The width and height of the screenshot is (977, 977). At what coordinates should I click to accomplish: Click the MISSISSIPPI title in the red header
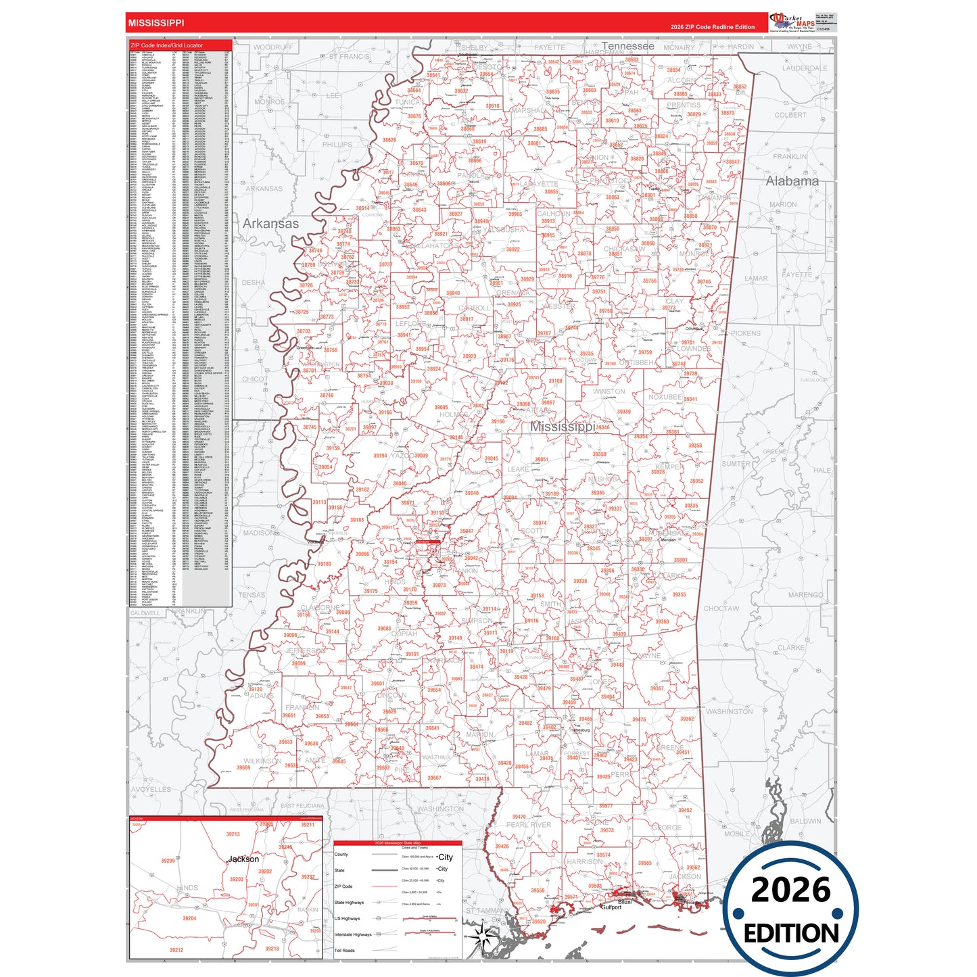point(156,23)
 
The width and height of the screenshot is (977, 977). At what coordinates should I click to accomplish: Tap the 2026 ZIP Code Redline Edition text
point(712,27)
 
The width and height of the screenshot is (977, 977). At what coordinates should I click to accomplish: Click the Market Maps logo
point(792,23)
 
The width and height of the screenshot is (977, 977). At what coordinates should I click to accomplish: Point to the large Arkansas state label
point(270,224)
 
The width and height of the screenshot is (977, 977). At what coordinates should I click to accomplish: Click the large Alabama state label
point(792,181)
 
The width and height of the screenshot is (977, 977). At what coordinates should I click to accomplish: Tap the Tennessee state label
point(627,46)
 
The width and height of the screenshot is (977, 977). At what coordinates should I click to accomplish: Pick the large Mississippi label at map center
point(563,427)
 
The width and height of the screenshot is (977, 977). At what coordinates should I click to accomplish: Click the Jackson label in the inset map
point(243,859)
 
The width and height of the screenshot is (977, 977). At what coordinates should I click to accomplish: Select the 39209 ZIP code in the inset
point(168,861)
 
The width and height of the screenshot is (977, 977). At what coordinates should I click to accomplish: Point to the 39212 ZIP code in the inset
point(176,950)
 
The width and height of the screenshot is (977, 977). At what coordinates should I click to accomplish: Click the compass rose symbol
point(482,936)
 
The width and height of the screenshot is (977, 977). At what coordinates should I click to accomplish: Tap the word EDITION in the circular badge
point(791,934)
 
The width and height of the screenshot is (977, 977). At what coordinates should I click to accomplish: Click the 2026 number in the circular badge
point(790,890)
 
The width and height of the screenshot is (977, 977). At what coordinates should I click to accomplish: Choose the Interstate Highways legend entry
point(353,934)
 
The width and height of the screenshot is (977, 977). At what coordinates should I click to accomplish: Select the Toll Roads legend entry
point(344,951)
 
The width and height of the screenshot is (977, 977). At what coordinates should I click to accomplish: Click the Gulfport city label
point(611,907)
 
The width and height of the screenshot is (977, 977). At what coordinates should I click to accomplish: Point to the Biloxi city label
point(625,902)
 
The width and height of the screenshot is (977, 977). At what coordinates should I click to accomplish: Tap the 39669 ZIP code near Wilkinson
point(243,767)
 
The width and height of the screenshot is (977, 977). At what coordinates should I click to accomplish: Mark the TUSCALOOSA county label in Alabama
point(813,380)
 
